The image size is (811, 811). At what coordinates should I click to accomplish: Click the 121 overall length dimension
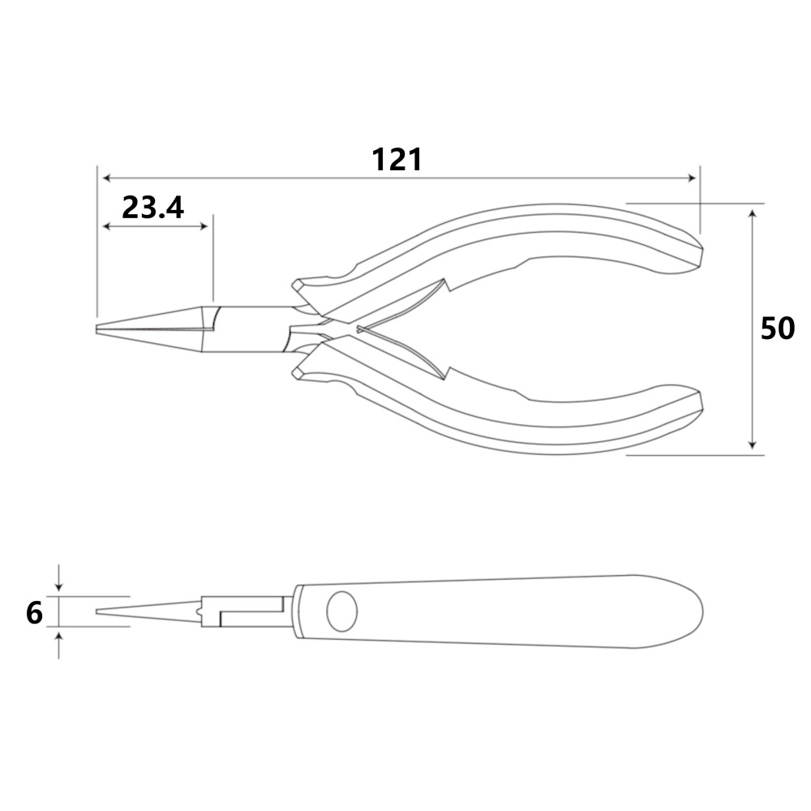[397, 160]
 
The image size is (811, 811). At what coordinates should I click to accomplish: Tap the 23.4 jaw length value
[152, 208]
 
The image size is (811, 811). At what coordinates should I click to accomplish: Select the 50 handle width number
[778, 328]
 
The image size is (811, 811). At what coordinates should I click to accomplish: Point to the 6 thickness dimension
[34, 613]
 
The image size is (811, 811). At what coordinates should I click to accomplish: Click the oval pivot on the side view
[342, 611]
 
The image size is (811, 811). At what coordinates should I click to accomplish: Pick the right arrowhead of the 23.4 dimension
[204, 226]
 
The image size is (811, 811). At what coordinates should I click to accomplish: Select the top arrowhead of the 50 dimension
[753, 213]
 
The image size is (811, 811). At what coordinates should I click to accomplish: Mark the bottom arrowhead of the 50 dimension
[753, 444]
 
